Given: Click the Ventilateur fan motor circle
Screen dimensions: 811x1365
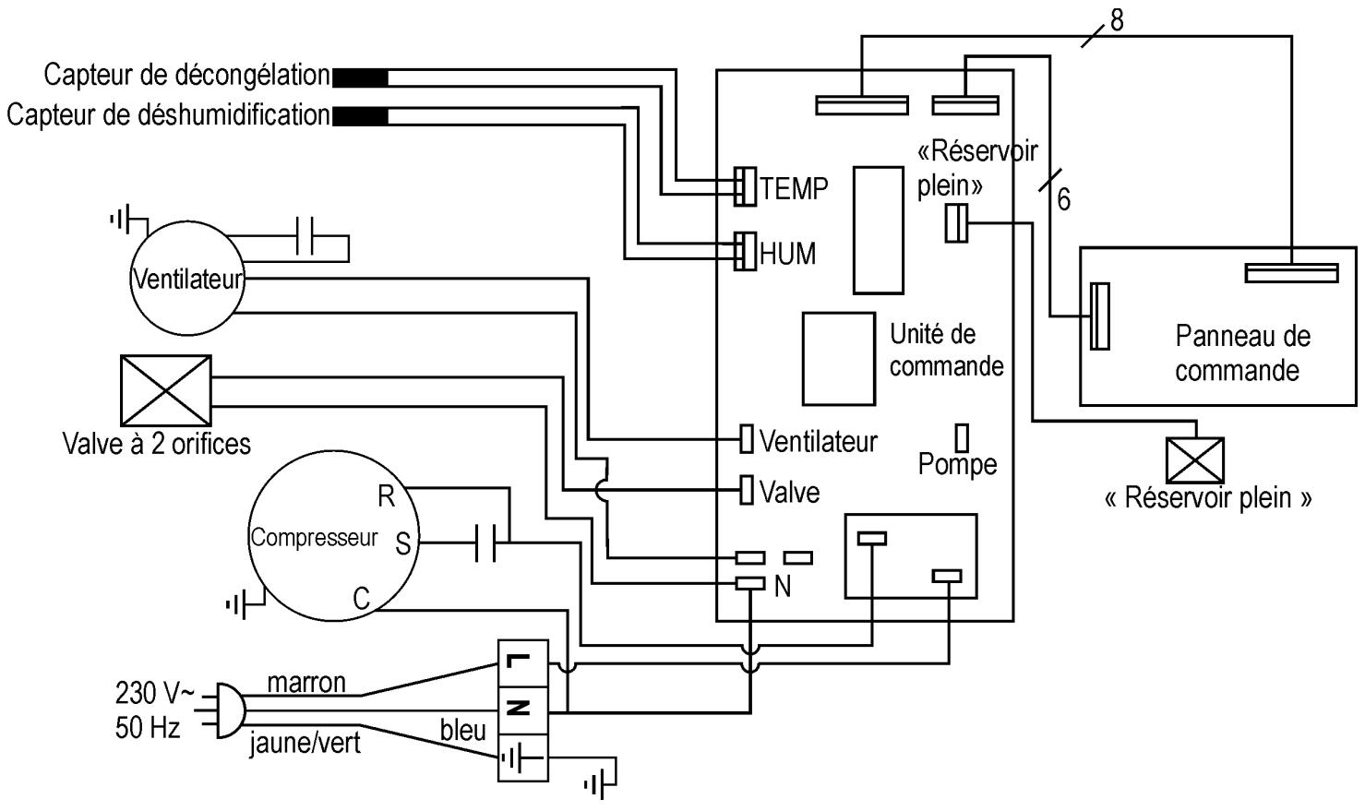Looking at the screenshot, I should point(188,278).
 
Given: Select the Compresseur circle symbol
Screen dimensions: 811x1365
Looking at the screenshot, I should point(315,538).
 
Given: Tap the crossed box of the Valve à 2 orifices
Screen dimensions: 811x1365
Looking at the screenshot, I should point(166,390).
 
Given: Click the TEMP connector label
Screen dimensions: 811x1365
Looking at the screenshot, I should point(794,189).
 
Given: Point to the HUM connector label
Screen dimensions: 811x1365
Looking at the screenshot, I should point(787,254).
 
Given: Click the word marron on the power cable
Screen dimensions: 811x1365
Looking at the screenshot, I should point(306,683).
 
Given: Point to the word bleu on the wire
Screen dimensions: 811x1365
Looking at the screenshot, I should point(462,731).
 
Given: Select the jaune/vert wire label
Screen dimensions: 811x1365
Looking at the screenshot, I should point(305,743).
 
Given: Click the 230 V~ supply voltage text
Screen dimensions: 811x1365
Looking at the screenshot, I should point(155,692).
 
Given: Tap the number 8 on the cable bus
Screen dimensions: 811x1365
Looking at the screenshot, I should point(1118,20).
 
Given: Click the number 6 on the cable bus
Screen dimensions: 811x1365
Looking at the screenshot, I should point(1063,200).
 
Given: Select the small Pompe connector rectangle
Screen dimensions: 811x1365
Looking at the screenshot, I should point(962,437).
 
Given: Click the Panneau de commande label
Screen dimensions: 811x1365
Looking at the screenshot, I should point(1240,353).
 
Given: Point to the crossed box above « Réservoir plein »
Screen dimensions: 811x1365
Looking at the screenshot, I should point(1195,459).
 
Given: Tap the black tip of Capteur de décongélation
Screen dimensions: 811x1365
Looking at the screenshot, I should point(360,78).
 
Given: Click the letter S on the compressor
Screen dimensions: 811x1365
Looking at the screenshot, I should point(402,543).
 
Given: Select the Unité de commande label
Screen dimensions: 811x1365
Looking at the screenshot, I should point(945,350).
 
